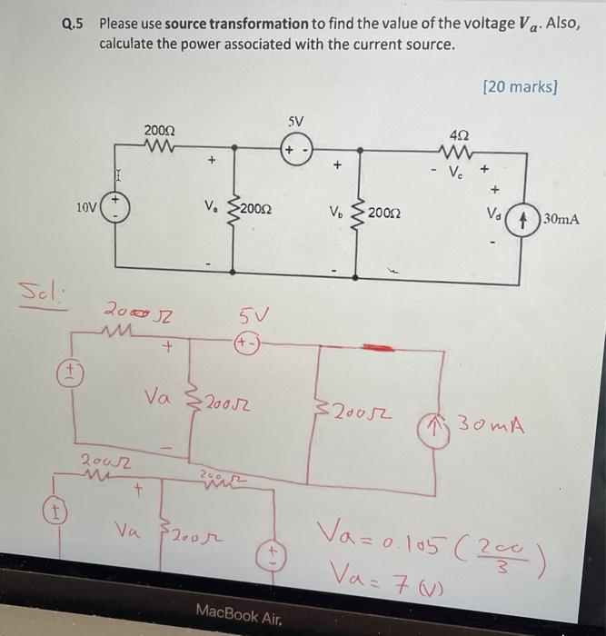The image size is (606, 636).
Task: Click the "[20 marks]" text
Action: (522, 88)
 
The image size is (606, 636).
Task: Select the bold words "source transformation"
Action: (231, 25)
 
